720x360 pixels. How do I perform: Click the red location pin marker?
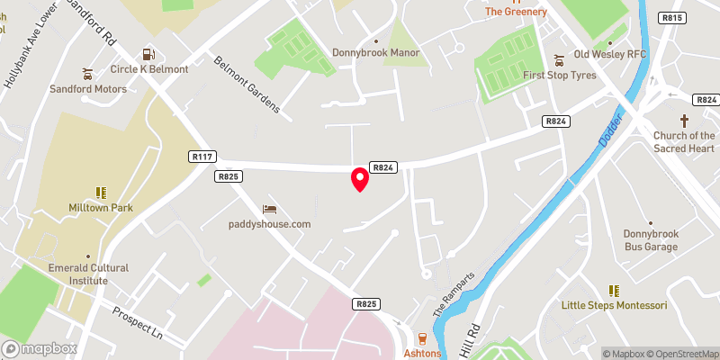(x=359, y=179)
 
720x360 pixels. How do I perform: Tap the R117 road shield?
(x=202, y=157)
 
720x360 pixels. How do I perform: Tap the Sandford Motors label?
(x=87, y=89)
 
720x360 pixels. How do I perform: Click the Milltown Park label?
(x=100, y=208)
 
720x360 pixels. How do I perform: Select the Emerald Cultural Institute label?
(x=88, y=274)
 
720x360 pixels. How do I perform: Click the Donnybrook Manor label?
(x=376, y=52)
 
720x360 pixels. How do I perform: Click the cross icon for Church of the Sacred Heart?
(x=684, y=121)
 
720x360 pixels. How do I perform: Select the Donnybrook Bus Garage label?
(x=651, y=239)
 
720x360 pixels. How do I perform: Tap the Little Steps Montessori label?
(x=615, y=305)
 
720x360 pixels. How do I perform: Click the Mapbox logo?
(x=40, y=348)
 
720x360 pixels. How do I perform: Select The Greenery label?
(x=517, y=12)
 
